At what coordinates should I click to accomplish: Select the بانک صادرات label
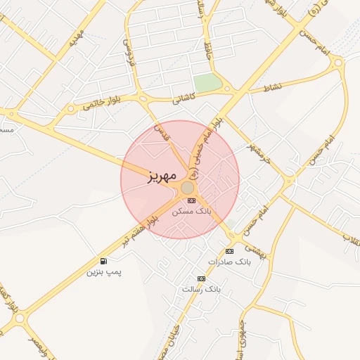[x=229, y=262]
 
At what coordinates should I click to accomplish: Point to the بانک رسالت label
[x=201, y=289]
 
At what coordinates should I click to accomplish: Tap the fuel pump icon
[x=104, y=260]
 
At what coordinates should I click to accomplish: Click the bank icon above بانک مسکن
[x=192, y=200]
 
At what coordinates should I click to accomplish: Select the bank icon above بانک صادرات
[x=229, y=251]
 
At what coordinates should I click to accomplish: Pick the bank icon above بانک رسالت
[x=202, y=278]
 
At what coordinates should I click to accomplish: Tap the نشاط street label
[x=272, y=86]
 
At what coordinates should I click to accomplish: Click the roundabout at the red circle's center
[x=187, y=188]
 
